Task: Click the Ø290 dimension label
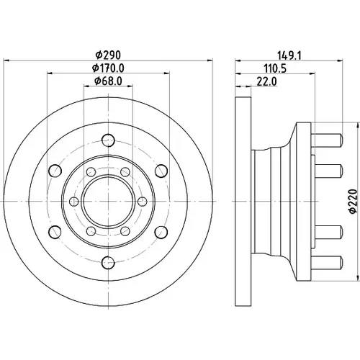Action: click(108, 55)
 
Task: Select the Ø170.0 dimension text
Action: click(108, 68)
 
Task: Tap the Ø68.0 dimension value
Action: click(108, 81)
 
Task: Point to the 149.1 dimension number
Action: click(289, 55)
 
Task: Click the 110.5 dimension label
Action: click(275, 69)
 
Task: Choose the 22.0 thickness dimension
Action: click(267, 81)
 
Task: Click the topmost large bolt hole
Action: click(108, 140)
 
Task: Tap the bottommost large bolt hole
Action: click(108, 263)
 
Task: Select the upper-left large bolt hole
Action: click(55, 171)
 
